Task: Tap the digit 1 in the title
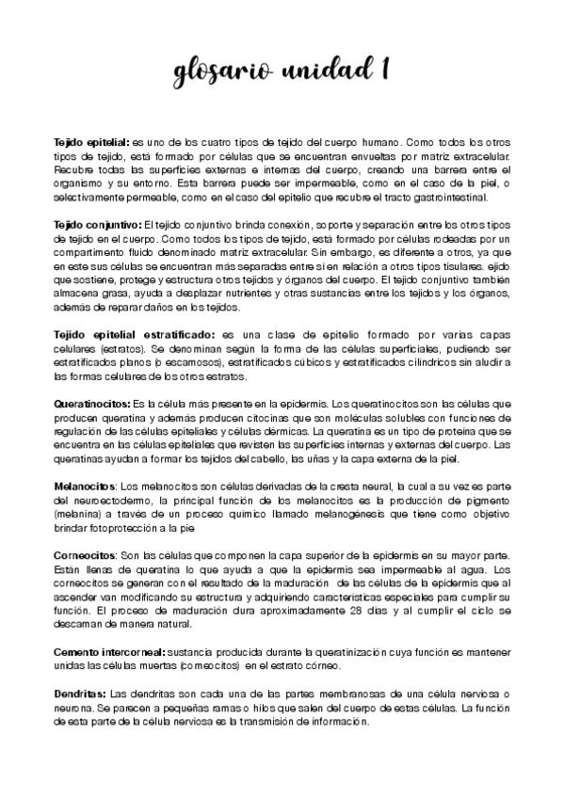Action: [x=385, y=71]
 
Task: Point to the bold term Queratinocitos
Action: [x=92, y=402]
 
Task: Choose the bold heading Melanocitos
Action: [x=86, y=487]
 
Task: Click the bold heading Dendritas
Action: [x=79, y=694]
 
